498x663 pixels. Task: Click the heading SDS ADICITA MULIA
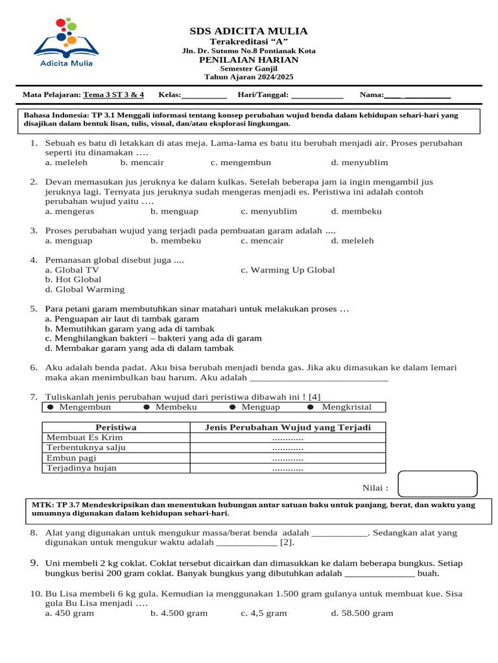[x=248, y=31]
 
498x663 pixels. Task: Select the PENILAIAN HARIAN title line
[x=248, y=60]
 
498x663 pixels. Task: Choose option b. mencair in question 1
[x=142, y=163]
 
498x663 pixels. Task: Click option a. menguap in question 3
[x=69, y=240]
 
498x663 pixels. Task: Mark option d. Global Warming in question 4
[x=85, y=289]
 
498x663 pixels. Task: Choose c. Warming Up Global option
[x=287, y=270]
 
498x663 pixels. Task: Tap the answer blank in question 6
[x=318, y=377]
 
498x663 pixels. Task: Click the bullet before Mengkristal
[x=310, y=407]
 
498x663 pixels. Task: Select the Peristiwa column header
[x=115, y=427]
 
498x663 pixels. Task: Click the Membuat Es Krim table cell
[x=84, y=438]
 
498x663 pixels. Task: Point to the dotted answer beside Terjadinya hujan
[x=288, y=468]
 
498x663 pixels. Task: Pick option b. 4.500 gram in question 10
[x=179, y=613]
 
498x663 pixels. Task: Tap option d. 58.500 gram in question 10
[x=362, y=613]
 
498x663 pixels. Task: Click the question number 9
[x=35, y=563]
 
